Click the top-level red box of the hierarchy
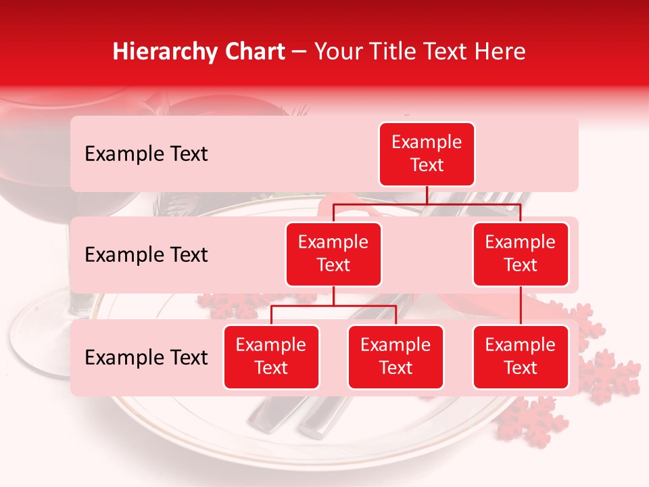(427, 154)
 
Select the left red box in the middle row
(333, 254)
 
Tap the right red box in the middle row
(521, 254)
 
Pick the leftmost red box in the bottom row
(271, 357)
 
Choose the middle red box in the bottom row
(395, 357)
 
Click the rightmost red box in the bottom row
(521, 357)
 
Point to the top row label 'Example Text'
(146, 154)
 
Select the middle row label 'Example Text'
(146, 255)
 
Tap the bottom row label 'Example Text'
(146, 357)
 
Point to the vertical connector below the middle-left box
(333, 296)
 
